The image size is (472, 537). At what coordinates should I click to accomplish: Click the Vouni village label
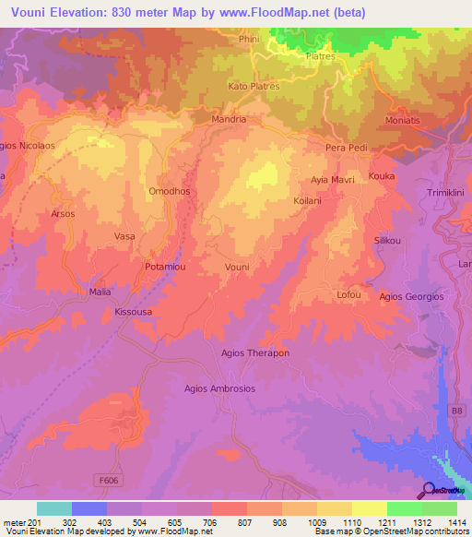(237, 267)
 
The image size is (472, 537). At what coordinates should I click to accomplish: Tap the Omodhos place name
(168, 191)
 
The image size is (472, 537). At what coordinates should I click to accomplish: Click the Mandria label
(229, 119)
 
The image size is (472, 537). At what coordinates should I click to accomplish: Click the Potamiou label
(166, 267)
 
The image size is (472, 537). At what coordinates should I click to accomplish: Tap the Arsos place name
(63, 213)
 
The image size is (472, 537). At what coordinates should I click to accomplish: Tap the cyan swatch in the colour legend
(53, 508)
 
